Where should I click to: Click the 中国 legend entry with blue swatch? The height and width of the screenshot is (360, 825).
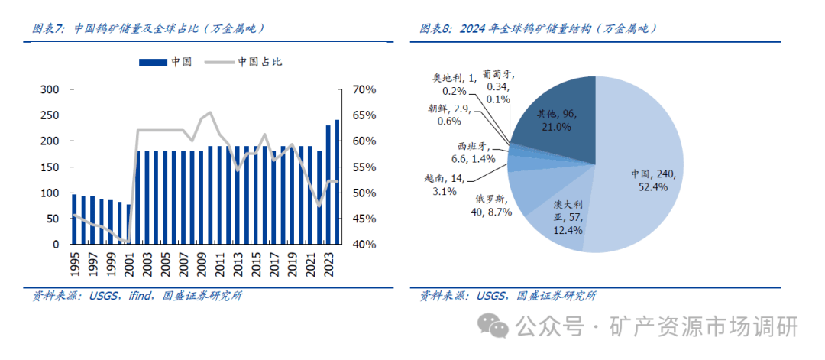pyautogui.click(x=165, y=61)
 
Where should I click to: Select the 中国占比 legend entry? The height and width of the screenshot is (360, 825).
pyautogui.click(x=244, y=61)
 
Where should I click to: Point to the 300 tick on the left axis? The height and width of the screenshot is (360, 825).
pyautogui.click(x=50, y=89)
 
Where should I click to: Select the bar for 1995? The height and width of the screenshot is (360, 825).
pyautogui.click(x=74, y=219)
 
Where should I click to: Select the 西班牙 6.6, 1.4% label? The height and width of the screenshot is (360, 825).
pyautogui.click(x=474, y=153)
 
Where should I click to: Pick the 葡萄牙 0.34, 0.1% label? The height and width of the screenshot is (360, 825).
pyautogui.click(x=498, y=86)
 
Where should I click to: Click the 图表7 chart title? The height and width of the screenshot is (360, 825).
pyautogui.click(x=149, y=29)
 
